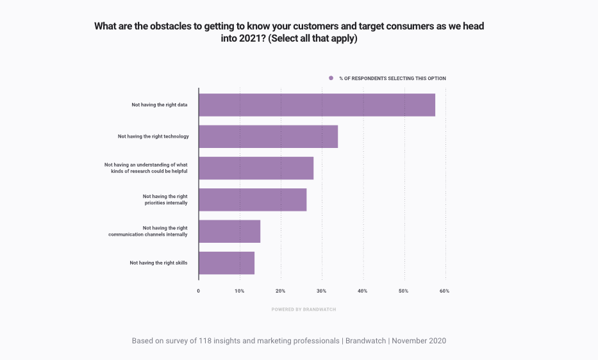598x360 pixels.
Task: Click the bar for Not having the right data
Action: pyautogui.click(x=317, y=105)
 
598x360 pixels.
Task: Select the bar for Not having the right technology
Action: pyautogui.click(x=268, y=136)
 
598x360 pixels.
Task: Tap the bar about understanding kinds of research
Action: pyautogui.click(x=256, y=168)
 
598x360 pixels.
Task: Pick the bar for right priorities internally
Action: pyautogui.click(x=253, y=200)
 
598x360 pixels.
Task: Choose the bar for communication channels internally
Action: pyautogui.click(x=229, y=231)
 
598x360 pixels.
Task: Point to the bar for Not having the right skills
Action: pyautogui.click(x=226, y=263)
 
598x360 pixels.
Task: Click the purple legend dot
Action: pyautogui.click(x=331, y=78)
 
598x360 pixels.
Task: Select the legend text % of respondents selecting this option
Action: pyautogui.click(x=392, y=78)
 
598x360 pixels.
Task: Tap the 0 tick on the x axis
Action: pyautogui.click(x=199, y=291)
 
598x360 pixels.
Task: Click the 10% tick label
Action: pyautogui.click(x=240, y=291)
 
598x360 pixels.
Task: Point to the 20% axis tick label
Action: pyautogui.click(x=281, y=291)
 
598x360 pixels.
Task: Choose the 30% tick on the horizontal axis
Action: pyautogui.click(x=322, y=291)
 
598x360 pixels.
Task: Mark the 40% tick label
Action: pyautogui.click(x=363, y=291)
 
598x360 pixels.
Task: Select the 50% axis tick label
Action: pyautogui.click(x=404, y=291)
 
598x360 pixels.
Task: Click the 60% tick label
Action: pyautogui.click(x=445, y=291)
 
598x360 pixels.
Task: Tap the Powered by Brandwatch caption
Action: pyautogui.click(x=304, y=309)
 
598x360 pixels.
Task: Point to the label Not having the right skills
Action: pyautogui.click(x=158, y=263)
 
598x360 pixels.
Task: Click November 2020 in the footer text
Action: pyautogui.click(x=419, y=341)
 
